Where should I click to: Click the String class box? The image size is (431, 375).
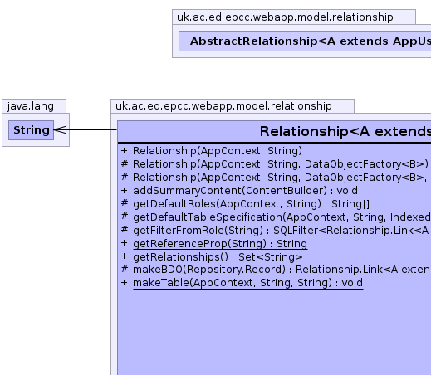[x=31, y=130]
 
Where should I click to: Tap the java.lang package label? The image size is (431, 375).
[x=31, y=106]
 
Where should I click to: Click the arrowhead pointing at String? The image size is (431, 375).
[x=60, y=129]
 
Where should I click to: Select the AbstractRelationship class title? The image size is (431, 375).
[x=311, y=41]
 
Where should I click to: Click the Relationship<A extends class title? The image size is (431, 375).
[x=345, y=131]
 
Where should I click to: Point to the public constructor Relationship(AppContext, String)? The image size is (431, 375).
[x=218, y=151]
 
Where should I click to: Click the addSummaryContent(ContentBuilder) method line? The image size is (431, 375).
[x=245, y=191]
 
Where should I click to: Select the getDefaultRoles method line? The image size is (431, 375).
[x=251, y=204]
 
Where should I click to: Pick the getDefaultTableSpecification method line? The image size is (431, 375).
[x=282, y=217]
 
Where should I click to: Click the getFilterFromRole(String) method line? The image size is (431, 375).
[x=281, y=231]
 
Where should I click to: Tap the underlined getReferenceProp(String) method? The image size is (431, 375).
[x=220, y=244]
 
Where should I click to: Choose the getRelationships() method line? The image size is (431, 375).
[x=218, y=257]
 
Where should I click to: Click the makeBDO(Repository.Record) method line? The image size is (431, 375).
[x=282, y=270]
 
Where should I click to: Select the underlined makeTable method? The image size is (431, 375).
[x=247, y=283]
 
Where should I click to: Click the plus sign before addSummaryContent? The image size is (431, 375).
[x=125, y=191]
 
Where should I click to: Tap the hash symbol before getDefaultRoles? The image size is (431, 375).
[x=125, y=203]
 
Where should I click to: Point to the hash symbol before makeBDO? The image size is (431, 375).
[x=125, y=269]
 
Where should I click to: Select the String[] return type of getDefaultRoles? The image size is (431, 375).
[x=350, y=204]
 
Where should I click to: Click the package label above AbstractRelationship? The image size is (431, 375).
[x=285, y=17]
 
